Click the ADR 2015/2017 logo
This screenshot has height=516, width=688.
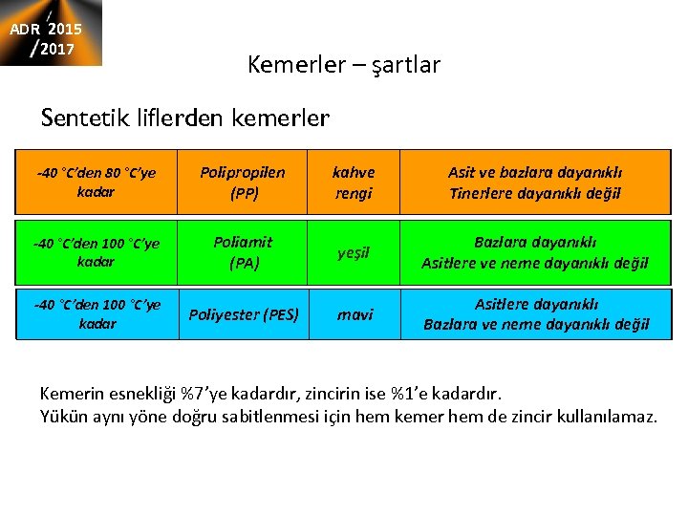pos(51,33)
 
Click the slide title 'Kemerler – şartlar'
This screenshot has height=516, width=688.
pos(343,65)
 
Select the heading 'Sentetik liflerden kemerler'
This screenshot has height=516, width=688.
pos(185,118)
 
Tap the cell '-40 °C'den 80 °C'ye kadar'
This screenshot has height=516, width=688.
pos(96,183)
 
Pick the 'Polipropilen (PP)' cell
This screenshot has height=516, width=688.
pos(243,183)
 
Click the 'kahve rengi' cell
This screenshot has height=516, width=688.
pos(353,183)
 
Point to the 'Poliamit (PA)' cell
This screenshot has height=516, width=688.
pos(243,253)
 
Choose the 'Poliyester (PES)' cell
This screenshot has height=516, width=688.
pos(243,314)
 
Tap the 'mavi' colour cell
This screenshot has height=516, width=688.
pos(353,314)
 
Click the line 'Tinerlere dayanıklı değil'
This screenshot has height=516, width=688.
pos(535,193)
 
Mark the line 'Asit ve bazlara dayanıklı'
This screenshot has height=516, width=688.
pos(535,173)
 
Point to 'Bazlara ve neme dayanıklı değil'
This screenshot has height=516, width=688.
pos(536,324)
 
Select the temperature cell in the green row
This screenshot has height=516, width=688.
pos(96,253)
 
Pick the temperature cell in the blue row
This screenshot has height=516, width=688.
pos(96,314)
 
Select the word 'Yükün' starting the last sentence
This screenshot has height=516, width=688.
pos(62,416)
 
